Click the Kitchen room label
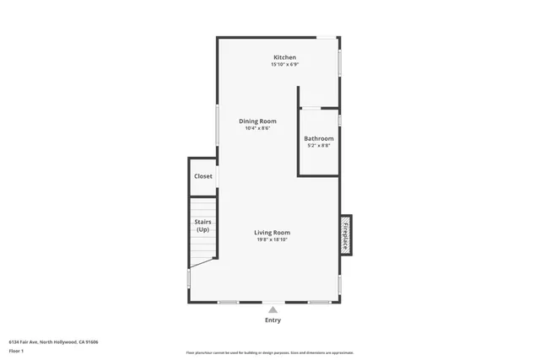[283, 57]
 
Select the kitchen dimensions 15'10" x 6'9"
[283, 65]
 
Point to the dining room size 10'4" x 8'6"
[257, 129]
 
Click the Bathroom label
[319, 138]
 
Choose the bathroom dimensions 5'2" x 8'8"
[319, 146]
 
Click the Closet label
[203, 176]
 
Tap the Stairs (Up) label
[202, 226]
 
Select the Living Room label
[273, 233]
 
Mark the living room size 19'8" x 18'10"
[273, 240]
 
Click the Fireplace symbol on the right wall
[345, 234]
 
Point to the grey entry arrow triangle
[273, 310]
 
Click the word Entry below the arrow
[273, 320]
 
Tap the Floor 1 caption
[17, 351]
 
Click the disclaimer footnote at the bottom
[269, 352]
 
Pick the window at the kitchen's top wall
[326, 37]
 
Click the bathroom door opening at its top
[310, 108]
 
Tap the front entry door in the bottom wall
[273, 302]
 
